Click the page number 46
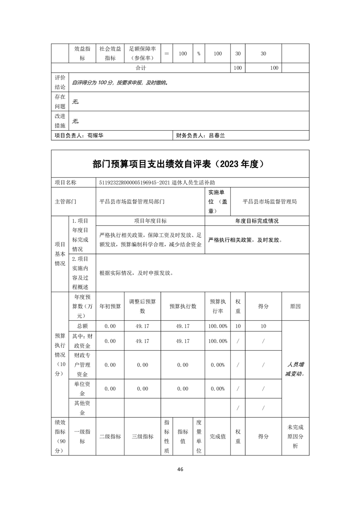pos(180,469)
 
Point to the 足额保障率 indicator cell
pos(143,53)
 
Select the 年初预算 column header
pos(110,306)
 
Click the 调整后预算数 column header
pos(143,306)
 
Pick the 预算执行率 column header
pos(218,306)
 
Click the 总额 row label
pos(82,326)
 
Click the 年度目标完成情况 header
pos(257,221)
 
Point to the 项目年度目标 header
pos(150,221)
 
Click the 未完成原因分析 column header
pos(296,436)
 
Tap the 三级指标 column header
pos(143,436)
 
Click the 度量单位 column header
pos(198,436)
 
